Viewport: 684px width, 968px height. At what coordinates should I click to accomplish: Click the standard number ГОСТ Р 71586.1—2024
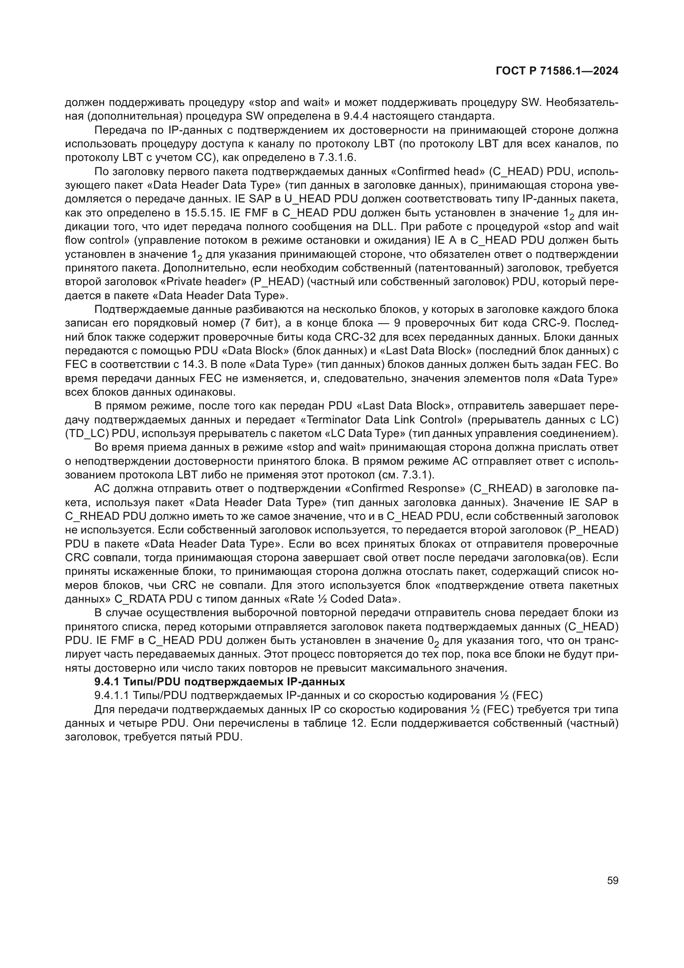click(x=557, y=71)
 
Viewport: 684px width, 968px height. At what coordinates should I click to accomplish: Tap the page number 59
click(x=613, y=880)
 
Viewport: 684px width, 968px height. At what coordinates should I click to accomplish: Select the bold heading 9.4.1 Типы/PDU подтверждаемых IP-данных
click(x=220, y=682)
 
